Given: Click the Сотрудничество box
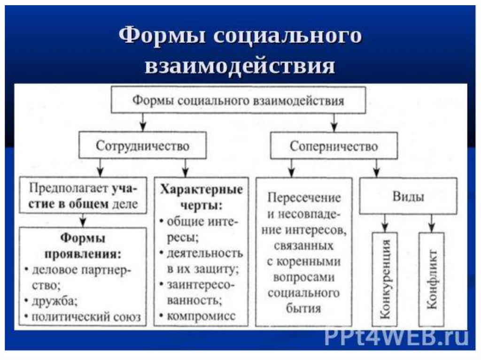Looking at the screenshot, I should [142, 146].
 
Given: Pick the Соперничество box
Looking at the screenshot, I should [334, 146].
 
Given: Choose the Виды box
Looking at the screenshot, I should [408, 196].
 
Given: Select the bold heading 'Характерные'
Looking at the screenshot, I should [202, 190].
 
